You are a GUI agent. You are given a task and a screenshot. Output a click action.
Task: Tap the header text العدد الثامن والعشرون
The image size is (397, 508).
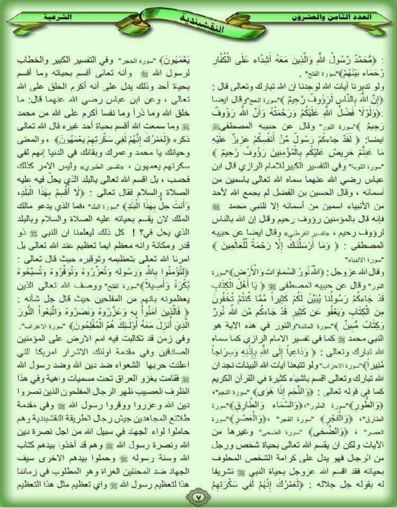pos(335,17)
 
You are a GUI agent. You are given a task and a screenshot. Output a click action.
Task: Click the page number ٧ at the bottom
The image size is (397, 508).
pos(198,497)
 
